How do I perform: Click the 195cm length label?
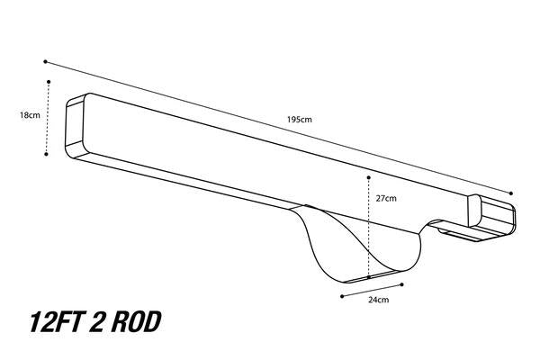pyautogui.click(x=300, y=120)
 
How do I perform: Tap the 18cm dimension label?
pyautogui.click(x=30, y=115)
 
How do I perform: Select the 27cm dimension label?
pyautogui.click(x=386, y=198)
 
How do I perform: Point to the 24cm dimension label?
pyautogui.click(x=379, y=300)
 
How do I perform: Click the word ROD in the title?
pyautogui.click(x=136, y=322)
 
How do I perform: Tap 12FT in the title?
pyautogui.click(x=58, y=322)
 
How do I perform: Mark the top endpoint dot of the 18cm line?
pyautogui.click(x=49, y=82)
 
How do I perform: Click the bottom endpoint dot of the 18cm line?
pyautogui.click(x=46, y=154)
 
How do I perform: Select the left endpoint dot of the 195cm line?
pyautogui.click(x=45, y=62)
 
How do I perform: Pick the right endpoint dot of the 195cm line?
pyautogui.click(x=510, y=193)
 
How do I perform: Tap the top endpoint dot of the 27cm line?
pyautogui.click(x=368, y=177)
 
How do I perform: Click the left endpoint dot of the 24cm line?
pyautogui.click(x=342, y=296)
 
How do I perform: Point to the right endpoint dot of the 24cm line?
pyautogui.click(x=402, y=284)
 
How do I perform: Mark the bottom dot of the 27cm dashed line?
pyautogui.click(x=368, y=277)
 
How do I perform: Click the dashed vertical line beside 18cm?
pyautogui.click(x=48, y=118)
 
